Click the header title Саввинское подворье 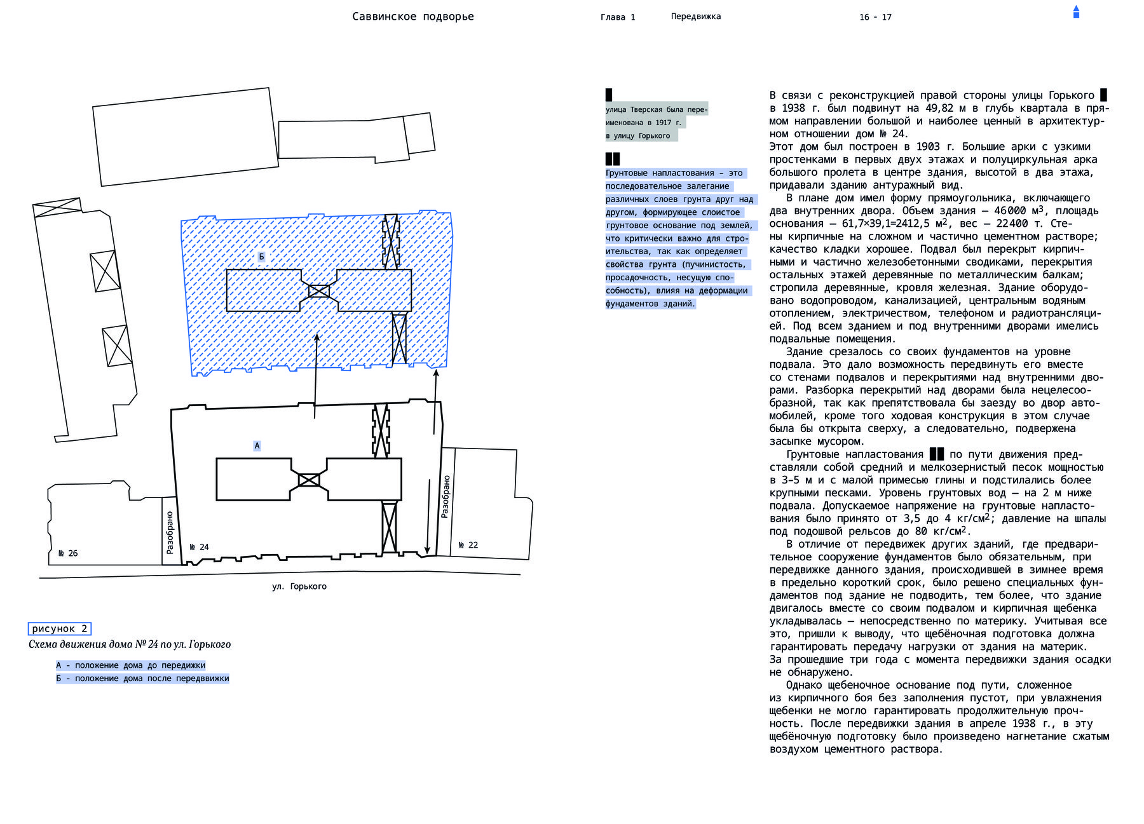[x=413, y=17]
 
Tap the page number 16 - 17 [x=875, y=17]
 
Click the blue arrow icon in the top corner [x=1076, y=11]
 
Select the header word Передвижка [x=696, y=17]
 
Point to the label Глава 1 [x=618, y=17]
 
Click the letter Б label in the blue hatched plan [x=261, y=257]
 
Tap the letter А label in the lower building [x=257, y=446]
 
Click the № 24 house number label [x=199, y=547]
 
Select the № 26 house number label [x=68, y=553]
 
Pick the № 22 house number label [x=468, y=545]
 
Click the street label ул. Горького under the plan [x=299, y=586]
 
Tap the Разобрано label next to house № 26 [x=170, y=532]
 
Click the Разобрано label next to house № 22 [x=446, y=496]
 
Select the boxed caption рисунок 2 [x=60, y=629]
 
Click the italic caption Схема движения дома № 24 [x=130, y=644]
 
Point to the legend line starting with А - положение [x=131, y=665]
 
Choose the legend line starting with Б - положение [x=142, y=679]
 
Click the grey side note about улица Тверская [x=657, y=122]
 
